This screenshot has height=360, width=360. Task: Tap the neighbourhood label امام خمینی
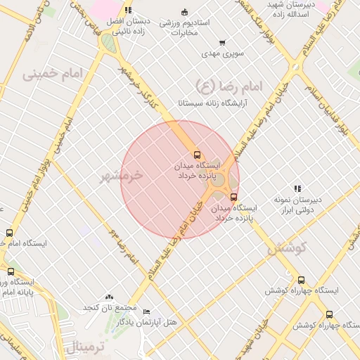[53, 73]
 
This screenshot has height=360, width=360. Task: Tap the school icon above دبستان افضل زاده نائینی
[127, 10]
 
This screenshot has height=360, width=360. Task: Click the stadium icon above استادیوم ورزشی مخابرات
[184, 11]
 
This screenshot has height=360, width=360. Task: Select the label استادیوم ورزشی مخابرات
[184, 27]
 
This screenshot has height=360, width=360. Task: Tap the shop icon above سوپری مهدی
[222, 43]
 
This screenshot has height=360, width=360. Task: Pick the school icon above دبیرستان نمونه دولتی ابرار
[298, 188]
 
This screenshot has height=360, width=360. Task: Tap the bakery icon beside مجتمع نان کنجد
[108, 297]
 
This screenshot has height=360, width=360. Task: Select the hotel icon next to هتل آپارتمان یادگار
[146, 311]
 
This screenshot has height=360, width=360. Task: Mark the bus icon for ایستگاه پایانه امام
[11, 271]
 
